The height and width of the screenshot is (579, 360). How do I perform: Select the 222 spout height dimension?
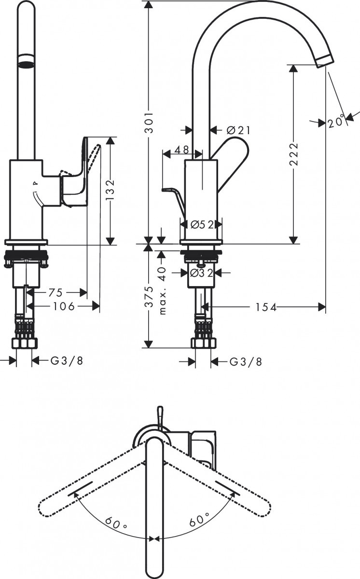(294, 155)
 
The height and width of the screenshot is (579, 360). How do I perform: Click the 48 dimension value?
(181, 150)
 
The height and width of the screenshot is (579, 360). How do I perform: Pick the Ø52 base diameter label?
(201, 224)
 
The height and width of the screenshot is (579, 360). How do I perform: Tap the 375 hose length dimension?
(150, 296)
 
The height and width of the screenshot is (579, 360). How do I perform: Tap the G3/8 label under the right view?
(246, 361)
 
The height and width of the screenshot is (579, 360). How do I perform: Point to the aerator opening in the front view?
(27, 64)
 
